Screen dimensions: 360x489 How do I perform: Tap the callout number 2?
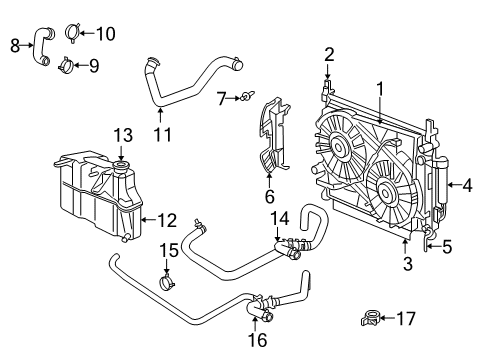[329, 53]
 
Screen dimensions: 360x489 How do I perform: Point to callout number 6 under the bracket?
[269, 198]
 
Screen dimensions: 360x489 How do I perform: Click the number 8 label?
[15, 44]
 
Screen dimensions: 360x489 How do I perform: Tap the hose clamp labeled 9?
[65, 67]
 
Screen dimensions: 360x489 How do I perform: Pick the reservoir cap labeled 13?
[121, 167]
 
